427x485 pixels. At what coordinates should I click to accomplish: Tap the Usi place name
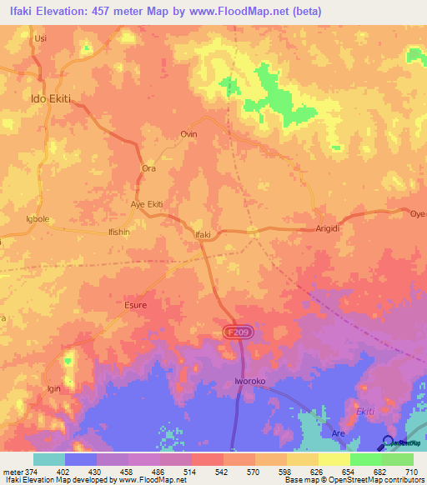pyautogui.click(x=39, y=38)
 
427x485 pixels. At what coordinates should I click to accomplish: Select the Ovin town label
pyautogui.click(x=189, y=134)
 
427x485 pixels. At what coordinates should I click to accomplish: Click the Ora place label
pyautogui.click(x=148, y=168)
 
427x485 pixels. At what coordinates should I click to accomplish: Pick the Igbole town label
pyautogui.click(x=38, y=219)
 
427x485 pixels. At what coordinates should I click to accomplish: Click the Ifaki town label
pyautogui.click(x=202, y=235)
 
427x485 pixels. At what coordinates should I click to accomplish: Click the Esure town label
pyautogui.click(x=135, y=305)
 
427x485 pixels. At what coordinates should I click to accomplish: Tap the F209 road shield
pyautogui.click(x=239, y=332)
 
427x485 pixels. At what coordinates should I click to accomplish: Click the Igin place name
pyautogui.click(x=55, y=388)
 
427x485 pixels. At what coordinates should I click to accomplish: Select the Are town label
pyautogui.click(x=339, y=434)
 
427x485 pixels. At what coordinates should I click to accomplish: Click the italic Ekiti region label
pyautogui.click(x=366, y=412)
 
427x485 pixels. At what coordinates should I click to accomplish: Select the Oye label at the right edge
pyautogui.click(x=417, y=212)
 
